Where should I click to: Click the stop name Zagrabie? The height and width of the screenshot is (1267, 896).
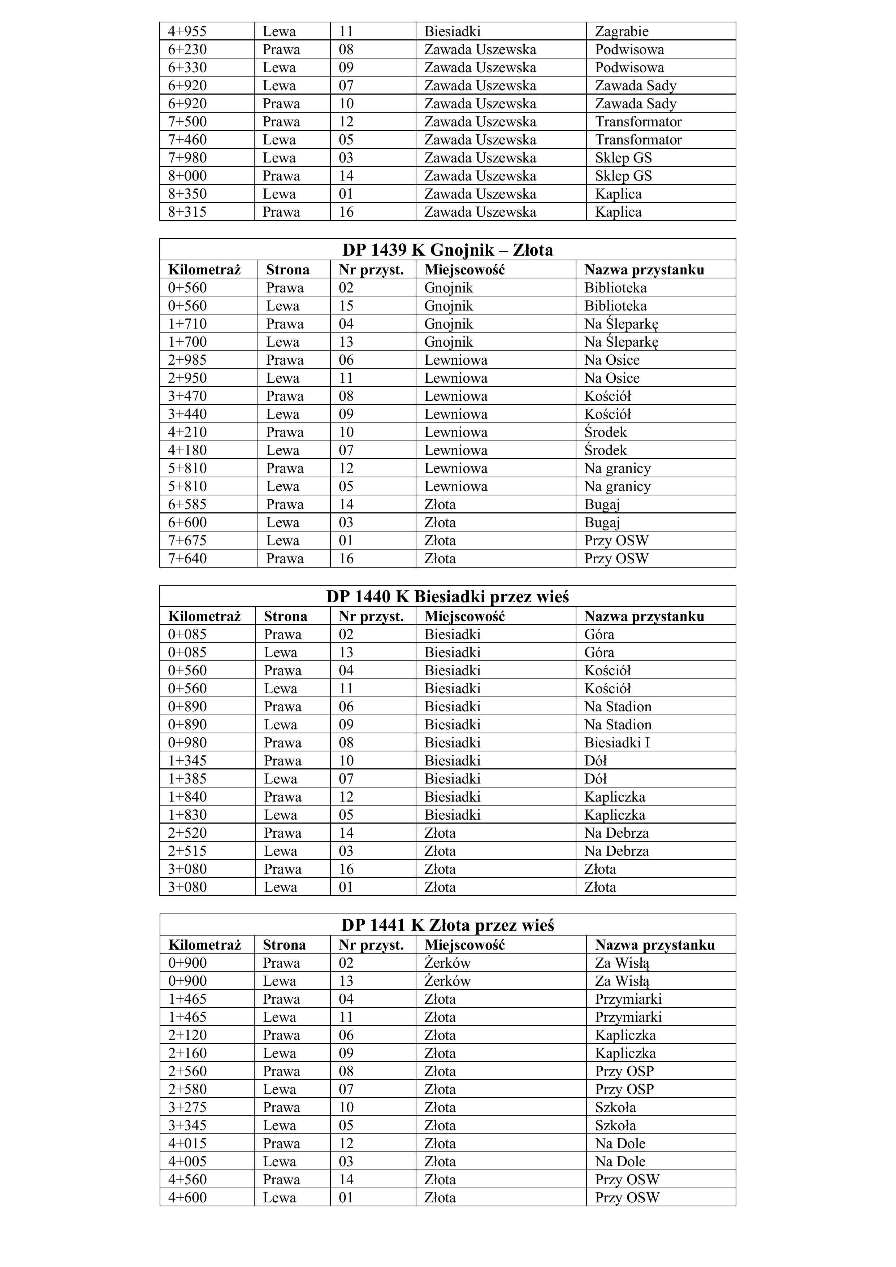(621, 31)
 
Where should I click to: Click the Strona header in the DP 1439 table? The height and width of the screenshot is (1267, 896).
(287, 270)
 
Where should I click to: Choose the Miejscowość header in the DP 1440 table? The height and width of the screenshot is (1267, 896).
(464, 616)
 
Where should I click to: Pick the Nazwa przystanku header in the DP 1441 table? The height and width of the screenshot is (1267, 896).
(655, 945)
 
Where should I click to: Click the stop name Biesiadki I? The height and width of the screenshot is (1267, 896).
(617, 743)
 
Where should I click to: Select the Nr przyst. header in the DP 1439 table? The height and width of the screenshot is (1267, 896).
(371, 270)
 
